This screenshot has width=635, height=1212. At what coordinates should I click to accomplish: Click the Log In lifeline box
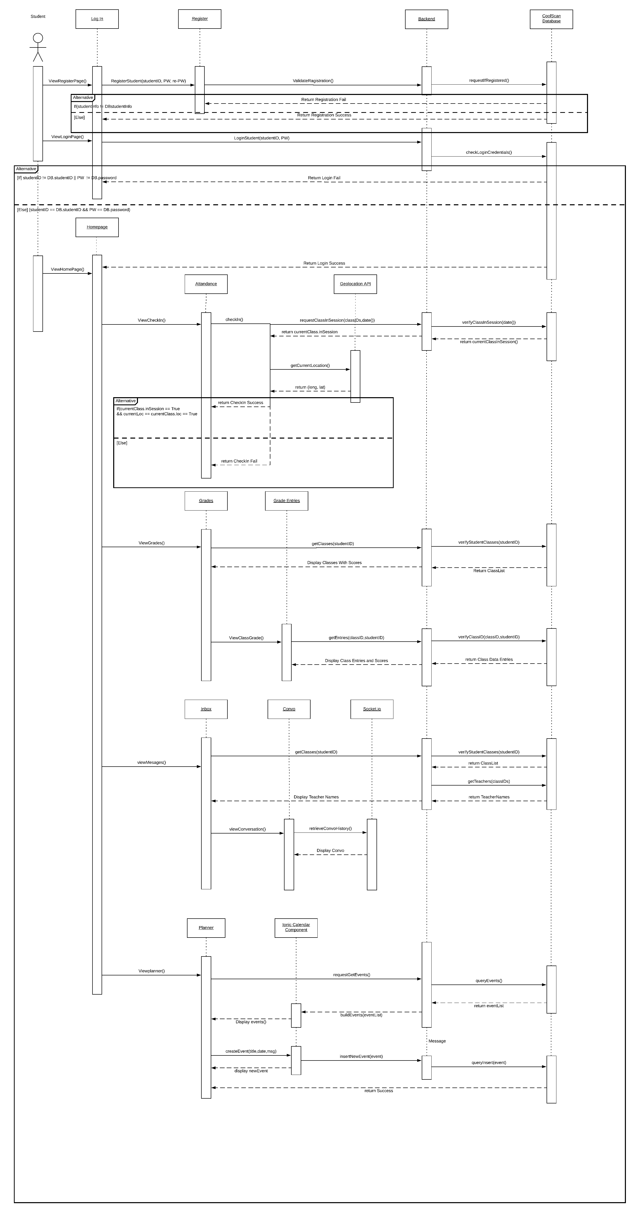tap(97, 19)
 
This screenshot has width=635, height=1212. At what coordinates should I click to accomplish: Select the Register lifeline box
tap(200, 19)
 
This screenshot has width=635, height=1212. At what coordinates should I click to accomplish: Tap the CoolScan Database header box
tap(551, 19)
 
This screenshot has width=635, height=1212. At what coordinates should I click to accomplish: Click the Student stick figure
tap(38, 47)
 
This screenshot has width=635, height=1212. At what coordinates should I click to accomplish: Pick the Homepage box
tap(97, 227)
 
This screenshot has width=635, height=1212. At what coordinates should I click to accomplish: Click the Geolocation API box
tap(355, 284)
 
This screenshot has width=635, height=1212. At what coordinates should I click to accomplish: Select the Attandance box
tap(206, 284)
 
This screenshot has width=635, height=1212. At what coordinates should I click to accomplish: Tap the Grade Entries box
tap(286, 501)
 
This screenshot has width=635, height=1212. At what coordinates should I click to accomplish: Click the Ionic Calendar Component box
tap(296, 927)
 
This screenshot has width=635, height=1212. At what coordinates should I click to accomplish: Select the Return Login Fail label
tap(324, 178)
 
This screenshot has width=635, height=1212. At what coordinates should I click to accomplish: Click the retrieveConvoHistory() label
tap(330, 828)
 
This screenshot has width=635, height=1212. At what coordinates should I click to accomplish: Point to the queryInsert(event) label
tap(489, 1062)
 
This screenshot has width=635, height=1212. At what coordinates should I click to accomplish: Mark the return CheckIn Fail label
tap(239, 461)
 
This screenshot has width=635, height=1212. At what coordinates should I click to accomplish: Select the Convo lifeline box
tap(289, 709)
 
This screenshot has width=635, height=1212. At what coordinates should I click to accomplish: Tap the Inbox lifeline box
tap(206, 709)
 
